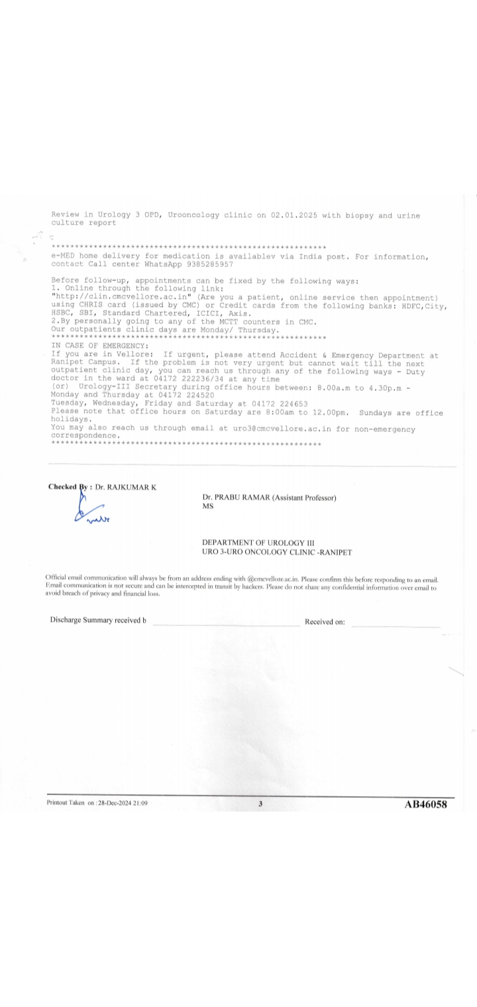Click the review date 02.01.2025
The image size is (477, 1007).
coord(307,215)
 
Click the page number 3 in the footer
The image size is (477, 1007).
coord(260,804)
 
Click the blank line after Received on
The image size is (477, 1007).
coord(396,625)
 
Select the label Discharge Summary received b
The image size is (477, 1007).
coord(98,620)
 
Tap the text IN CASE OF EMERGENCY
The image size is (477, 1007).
coord(100,346)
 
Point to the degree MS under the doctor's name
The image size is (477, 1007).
coord(207,506)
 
